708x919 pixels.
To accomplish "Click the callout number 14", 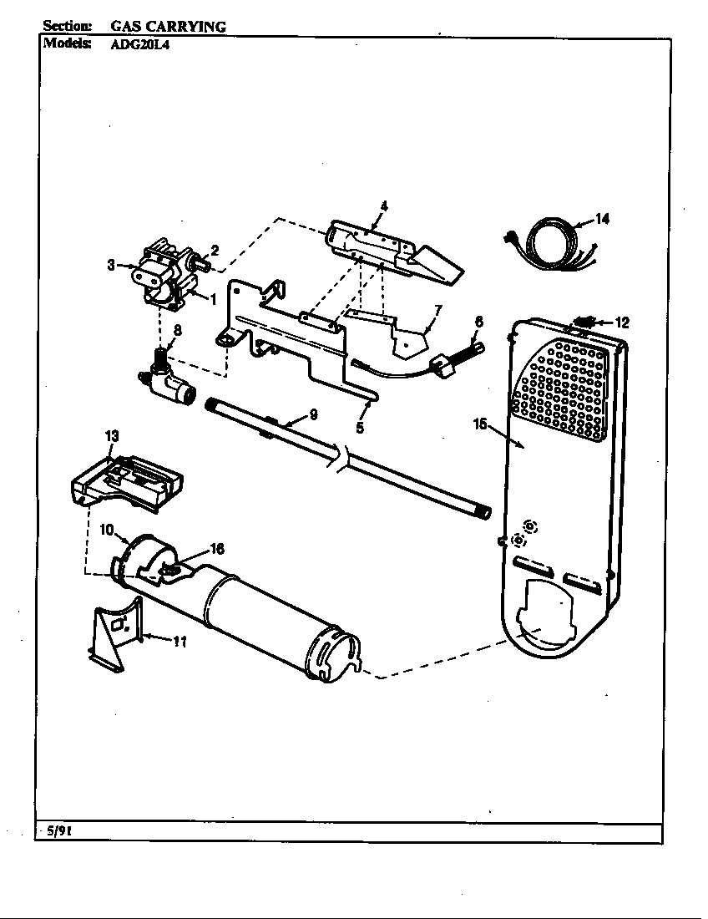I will [x=602, y=219].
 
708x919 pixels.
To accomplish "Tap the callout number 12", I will [x=622, y=322].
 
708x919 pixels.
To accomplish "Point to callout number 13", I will [x=112, y=435].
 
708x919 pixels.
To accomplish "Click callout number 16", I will [x=217, y=549].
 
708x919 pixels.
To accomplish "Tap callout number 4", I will [x=383, y=205].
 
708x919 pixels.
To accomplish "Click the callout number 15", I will [x=479, y=424].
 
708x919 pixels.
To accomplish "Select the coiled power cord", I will [x=548, y=241].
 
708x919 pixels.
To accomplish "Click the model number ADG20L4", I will [x=140, y=48].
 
